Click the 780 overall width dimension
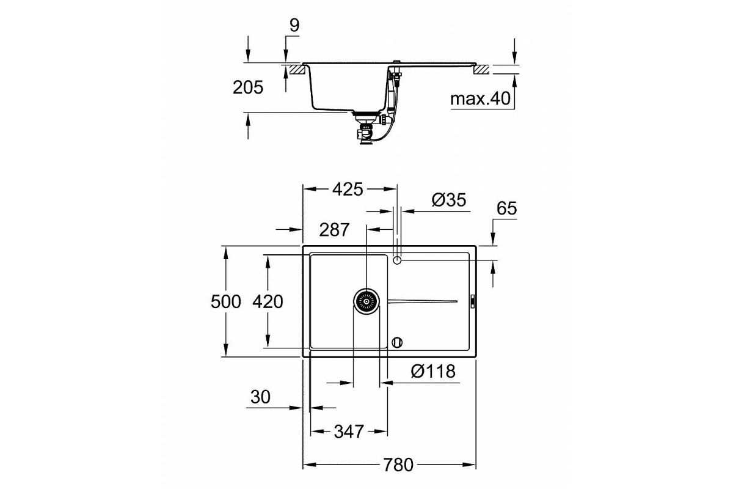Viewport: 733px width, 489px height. (398, 465)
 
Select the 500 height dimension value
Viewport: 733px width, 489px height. (226, 301)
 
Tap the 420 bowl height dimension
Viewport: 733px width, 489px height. (268, 301)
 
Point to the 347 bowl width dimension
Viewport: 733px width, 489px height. (349, 432)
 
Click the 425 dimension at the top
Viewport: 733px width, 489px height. (348, 189)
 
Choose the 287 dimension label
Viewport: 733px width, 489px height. (334, 230)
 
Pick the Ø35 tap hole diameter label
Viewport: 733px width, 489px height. (448, 200)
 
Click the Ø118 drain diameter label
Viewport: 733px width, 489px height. (433, 372)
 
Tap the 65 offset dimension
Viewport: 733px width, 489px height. (506, 208)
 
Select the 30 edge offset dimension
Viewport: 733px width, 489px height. (260, 397)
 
